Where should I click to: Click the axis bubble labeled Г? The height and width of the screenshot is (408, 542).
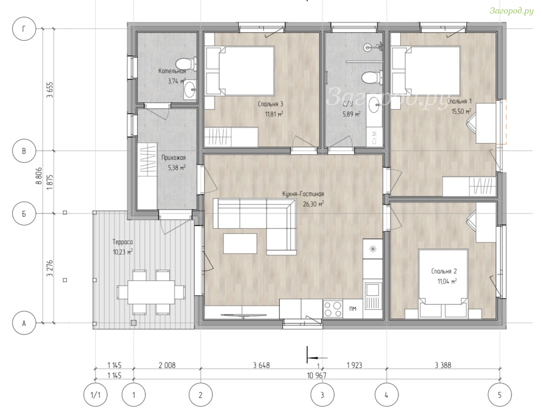click(x=24, y=29)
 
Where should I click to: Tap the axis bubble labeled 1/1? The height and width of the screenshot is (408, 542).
click(x=95, y=394)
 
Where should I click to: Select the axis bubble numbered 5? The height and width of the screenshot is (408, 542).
click(x=500, y=394)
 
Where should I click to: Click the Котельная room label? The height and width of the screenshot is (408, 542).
click(x=172, y=71)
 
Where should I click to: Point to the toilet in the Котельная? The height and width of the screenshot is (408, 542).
click(x=186, y=64)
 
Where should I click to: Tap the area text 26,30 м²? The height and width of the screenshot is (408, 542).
click(x=313, y=204)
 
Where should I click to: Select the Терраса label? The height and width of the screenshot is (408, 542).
click(x=122, y=242)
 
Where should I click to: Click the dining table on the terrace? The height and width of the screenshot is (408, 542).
click(x=151, y=292)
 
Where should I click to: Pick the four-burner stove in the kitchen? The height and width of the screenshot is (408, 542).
click(x=333, y=309)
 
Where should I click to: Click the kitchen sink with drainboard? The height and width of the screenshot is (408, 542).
click(x=373, y=296)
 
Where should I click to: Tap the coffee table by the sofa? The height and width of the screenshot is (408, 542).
click(x=240, y=244)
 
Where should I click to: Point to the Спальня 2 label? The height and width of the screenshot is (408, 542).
click(x=444, y=272)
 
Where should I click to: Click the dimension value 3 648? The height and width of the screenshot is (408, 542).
click(x=261, y=365)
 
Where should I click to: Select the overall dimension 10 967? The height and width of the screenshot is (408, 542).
click(x=316, y=375)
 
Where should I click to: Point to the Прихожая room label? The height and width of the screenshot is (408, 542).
click(x=174, y=158)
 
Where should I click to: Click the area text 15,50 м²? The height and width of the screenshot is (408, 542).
click(x=461, y=111)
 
